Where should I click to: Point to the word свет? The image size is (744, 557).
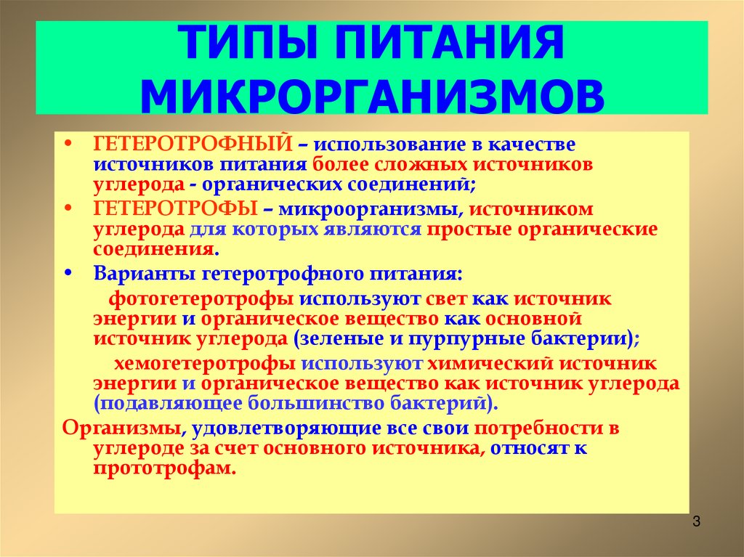coord(445,298)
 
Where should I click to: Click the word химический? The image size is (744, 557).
coord(488,363)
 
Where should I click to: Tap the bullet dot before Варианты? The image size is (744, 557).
coord(68,274)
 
